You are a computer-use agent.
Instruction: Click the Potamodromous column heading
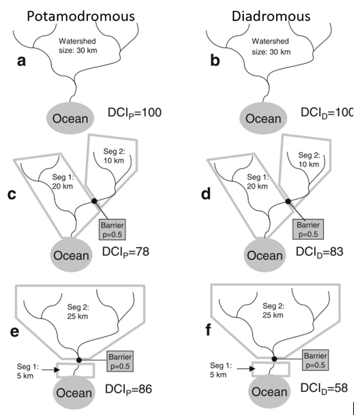(81, 16)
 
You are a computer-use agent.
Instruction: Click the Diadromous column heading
(271, 16)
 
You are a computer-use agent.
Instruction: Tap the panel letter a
(21, 61)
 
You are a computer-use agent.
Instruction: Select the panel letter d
(206, 194)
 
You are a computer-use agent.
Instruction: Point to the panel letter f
(209, 330)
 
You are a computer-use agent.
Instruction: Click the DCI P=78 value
(125, 251)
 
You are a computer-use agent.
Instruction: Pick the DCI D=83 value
(320, 251)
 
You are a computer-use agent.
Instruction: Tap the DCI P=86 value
(128, 389)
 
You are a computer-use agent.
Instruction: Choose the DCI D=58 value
(324, 388)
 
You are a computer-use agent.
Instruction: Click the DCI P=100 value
(134, 112)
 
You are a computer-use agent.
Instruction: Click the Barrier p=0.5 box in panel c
(112, 230)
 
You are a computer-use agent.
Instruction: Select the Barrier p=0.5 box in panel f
(315, 360)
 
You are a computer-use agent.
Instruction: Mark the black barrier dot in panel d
(288, 202)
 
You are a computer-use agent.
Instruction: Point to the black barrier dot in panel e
(78, 360)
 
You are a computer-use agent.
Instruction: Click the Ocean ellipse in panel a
(70, 118)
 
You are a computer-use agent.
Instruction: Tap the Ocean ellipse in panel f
(269, 392)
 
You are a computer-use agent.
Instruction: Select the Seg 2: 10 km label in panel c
(114, 156)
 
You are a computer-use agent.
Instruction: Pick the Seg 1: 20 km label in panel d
(257, 181)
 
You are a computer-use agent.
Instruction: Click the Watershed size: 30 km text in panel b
(271, 46)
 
